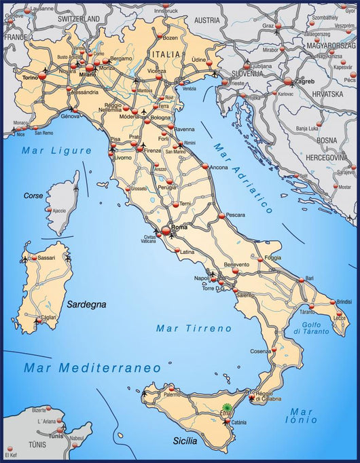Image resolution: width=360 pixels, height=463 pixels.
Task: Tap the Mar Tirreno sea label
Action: click(194, 328)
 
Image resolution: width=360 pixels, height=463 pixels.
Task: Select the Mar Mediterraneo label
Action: click(92, 367)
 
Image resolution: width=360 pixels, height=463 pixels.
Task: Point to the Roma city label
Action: click(179, 227)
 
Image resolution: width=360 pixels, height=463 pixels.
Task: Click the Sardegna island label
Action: click(86, 305)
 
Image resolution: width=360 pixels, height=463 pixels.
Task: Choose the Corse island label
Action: click(33, 196)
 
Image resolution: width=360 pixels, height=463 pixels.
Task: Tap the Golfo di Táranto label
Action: click(312, 328)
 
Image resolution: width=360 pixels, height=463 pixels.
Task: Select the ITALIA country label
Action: click(166, 54)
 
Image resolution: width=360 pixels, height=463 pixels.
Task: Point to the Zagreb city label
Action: click(304, 80)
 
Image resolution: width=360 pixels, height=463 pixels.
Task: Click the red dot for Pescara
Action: click(221, 217)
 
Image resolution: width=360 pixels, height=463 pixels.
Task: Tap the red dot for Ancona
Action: click(204, 166)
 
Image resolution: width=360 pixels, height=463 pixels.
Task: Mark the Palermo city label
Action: click(172, 394)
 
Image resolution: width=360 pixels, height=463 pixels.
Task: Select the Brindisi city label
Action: click(343, 301)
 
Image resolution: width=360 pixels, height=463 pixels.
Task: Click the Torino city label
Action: click(31, 77)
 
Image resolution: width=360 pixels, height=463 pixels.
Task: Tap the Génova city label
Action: click(71, 117)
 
